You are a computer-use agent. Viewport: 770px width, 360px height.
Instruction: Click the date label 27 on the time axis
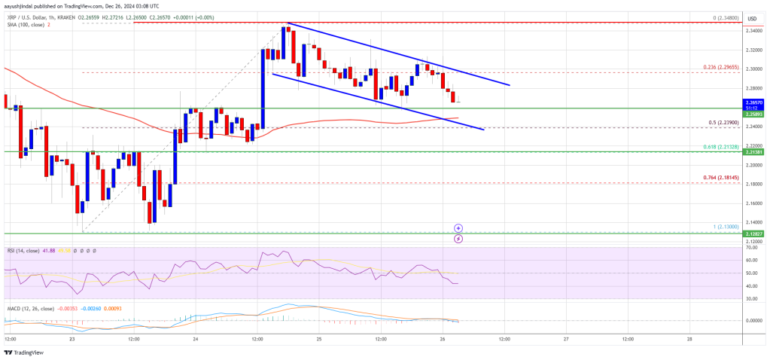tap(565, 339)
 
